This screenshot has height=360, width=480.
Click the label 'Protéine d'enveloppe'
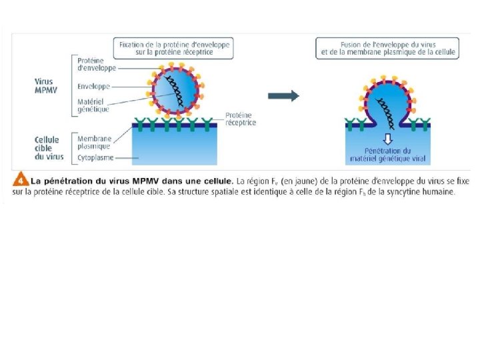tap(96, 63)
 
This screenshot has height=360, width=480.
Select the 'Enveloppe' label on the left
tap(93, 86)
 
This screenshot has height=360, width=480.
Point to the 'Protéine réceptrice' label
tap(241, 119)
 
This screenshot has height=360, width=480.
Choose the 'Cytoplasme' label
tap(95, 158)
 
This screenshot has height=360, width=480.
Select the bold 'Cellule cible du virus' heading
tap(47, 148)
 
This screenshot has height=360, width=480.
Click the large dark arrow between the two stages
tap(283, 96)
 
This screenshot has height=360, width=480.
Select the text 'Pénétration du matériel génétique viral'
tap(389, 156)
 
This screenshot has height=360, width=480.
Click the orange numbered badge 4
tap(20, 180)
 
